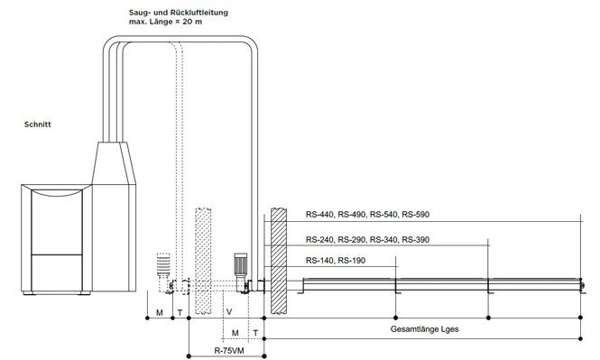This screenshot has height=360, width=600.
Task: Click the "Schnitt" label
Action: (38, 125)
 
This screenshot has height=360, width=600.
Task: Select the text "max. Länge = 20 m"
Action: (165, 22)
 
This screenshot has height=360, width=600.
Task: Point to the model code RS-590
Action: (416, 214)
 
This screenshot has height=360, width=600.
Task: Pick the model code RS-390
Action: (416, 239)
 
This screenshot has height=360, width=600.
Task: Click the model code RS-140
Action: (320, 261)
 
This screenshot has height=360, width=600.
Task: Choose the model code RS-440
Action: (320, 214)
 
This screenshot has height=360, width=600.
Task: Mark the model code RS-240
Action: (320, 239)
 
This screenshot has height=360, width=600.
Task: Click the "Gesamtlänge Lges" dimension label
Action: (424, 329)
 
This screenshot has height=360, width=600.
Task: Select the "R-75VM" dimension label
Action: (229, 350)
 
